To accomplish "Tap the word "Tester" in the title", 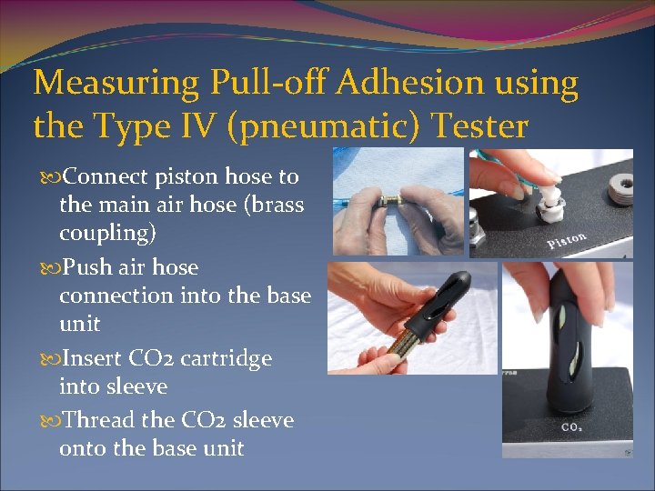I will (476, 126).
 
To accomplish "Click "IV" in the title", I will (209, 126).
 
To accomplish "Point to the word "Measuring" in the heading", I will (116, 84).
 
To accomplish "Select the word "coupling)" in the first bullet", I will (107, 233).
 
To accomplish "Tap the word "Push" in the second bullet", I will (87, 268).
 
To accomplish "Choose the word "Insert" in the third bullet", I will (91, 358).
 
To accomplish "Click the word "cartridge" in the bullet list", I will (226, 358).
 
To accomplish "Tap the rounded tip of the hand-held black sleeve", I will (459, 278).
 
